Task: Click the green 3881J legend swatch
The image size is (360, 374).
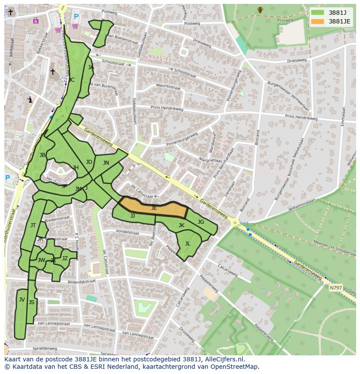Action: click(317, 13)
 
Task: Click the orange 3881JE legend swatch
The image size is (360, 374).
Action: click(317, 21)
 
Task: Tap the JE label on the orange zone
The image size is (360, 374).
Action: click(154, 209)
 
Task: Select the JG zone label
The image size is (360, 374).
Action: click(200, 222)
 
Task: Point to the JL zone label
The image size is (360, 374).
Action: click(187, 244)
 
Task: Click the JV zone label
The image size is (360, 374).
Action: click(22, 299)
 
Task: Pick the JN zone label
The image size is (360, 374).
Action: click(106, 163)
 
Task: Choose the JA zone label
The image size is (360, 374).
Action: click(90, 67)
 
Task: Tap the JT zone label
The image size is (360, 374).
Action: click(33, 225)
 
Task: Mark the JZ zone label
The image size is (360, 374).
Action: click(65, 258)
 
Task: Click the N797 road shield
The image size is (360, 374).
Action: click(335, 288)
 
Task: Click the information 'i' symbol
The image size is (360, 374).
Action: click(30, 99)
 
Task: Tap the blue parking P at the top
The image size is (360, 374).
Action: click(76, 17)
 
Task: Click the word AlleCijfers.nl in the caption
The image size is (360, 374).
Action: click(224, 360)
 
